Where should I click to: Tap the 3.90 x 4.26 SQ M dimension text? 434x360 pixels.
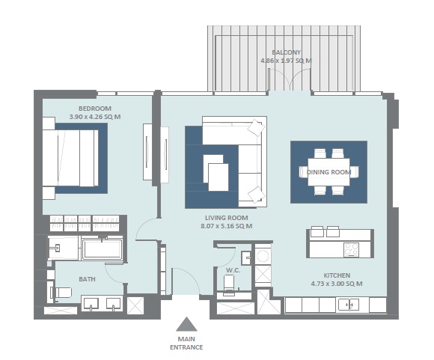94,118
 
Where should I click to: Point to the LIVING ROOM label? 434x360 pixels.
226,217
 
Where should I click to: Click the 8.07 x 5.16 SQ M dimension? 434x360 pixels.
226,226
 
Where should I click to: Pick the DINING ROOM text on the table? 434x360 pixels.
328,172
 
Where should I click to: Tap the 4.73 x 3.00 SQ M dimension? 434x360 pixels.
336,284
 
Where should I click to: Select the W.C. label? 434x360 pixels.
232,269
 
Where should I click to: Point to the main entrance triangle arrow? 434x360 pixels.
186,324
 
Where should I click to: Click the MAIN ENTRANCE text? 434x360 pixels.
186,343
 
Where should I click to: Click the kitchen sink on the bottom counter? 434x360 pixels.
346,305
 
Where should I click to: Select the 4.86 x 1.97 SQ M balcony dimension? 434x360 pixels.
285,61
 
